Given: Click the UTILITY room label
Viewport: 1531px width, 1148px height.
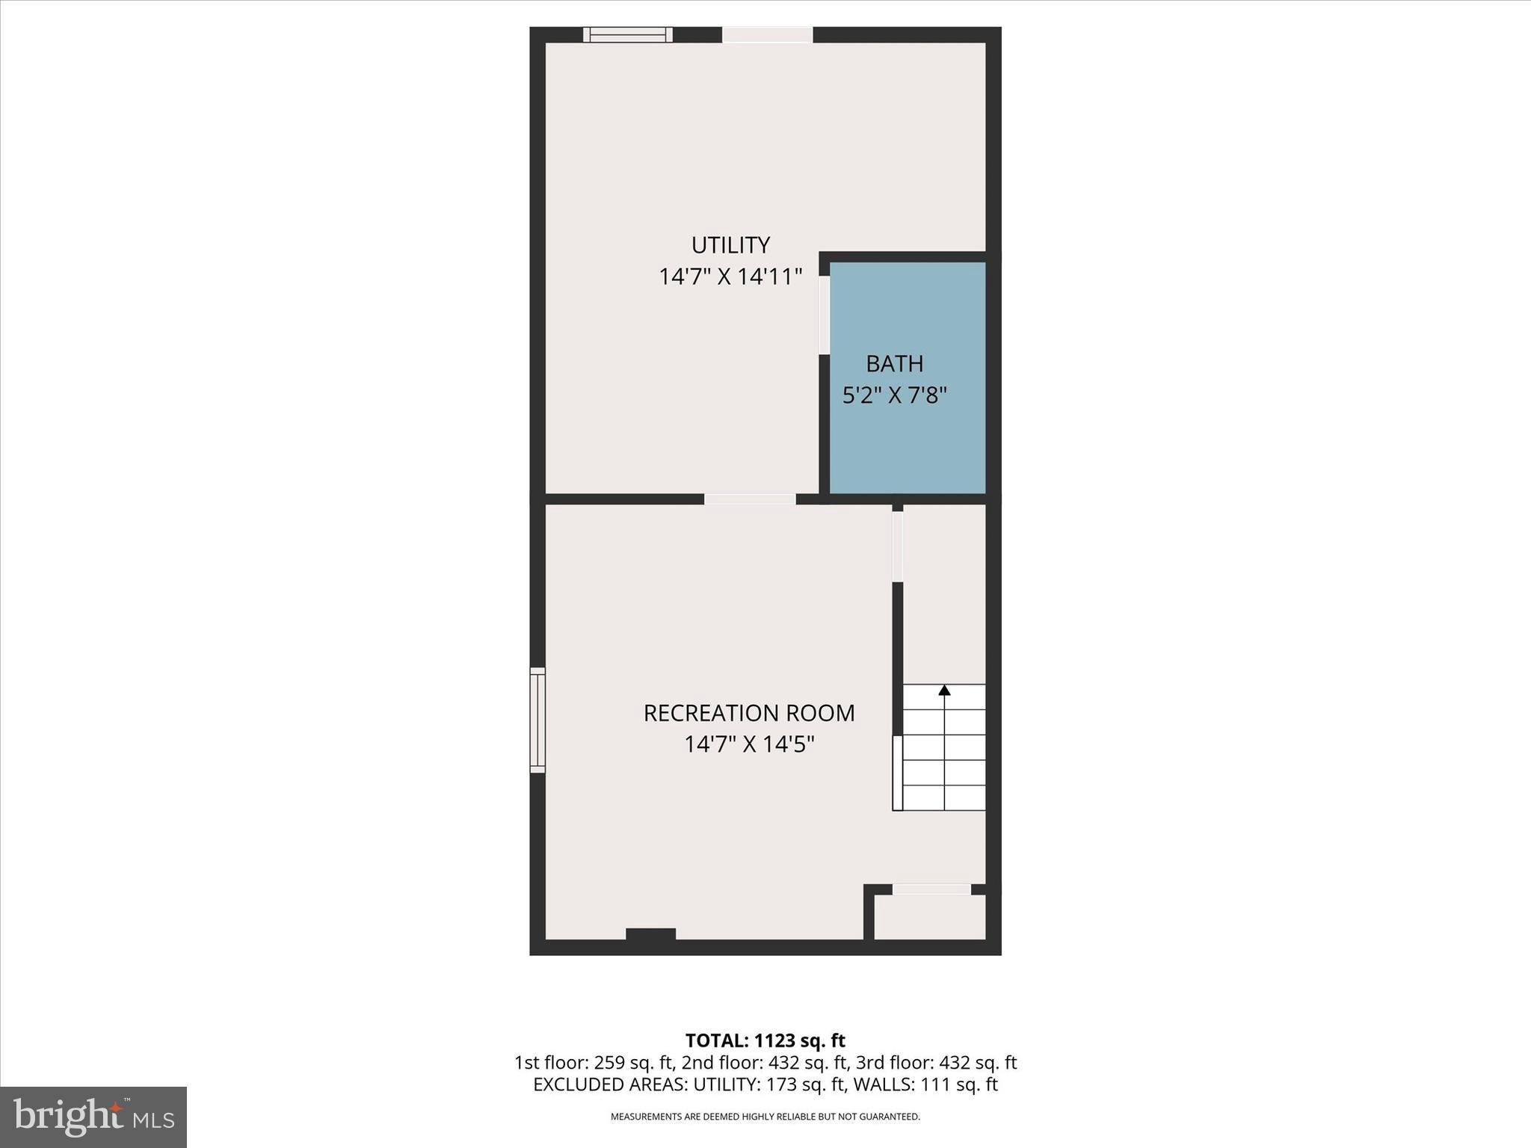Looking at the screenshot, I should point(730,245).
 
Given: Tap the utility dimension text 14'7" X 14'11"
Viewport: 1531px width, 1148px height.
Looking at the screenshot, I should point(730,277).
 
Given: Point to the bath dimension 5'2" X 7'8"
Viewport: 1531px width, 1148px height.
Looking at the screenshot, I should point(894,395).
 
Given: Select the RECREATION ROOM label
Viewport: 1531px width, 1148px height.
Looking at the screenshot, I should point(748,713).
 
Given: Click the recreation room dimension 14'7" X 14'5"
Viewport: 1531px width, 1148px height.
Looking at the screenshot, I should point(748,744).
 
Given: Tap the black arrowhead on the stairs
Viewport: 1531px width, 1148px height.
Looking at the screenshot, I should point(944,690).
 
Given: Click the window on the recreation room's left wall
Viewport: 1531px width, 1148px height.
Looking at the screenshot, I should point(537,720).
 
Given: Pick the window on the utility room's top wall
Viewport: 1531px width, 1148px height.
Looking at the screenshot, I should point(627,34).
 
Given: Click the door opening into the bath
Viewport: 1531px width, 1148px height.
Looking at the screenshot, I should point(824,315).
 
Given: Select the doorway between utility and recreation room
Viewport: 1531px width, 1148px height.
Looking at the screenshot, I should point(749,499).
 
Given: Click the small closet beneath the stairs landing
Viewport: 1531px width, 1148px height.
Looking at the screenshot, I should point(929,917).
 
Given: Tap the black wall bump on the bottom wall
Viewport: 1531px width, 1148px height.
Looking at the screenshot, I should point(650,933).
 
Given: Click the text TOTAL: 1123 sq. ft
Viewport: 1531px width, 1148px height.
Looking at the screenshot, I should point(765,1040).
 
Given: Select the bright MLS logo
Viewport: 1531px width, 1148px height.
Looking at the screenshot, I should point(93,1117).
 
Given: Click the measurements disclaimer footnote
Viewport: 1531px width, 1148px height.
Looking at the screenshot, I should point(765,1117).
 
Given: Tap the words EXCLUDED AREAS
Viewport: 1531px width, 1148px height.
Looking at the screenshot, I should point(610,1084).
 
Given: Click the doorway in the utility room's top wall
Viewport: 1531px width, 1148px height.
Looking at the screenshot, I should point(767,34).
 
